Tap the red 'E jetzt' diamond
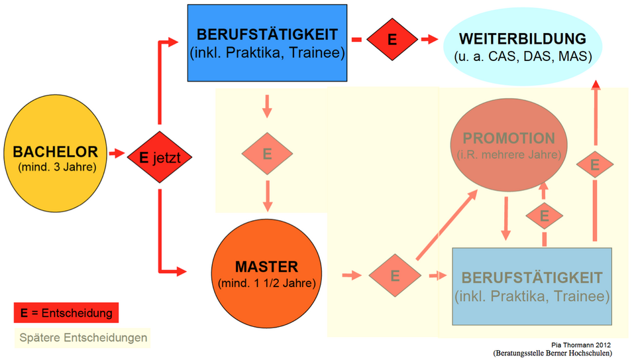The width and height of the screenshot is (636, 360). (159, 157)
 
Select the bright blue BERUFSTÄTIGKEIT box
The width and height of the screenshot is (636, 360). (267, 42)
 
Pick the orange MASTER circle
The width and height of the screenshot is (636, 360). (267, 273)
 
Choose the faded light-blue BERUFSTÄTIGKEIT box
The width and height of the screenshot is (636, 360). (532, 286)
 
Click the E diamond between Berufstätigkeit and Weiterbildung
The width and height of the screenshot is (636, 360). (392, 39)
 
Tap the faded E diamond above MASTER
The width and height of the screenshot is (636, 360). (267, 154)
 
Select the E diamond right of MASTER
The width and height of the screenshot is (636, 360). (395, 274)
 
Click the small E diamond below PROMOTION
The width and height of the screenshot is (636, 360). (545, 215)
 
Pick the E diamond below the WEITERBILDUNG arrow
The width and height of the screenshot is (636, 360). (595, 164)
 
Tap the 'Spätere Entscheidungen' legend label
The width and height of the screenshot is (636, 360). (83, 338)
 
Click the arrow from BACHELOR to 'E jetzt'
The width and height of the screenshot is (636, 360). (117, 154)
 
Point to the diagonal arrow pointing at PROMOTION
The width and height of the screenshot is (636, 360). (447, 225)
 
